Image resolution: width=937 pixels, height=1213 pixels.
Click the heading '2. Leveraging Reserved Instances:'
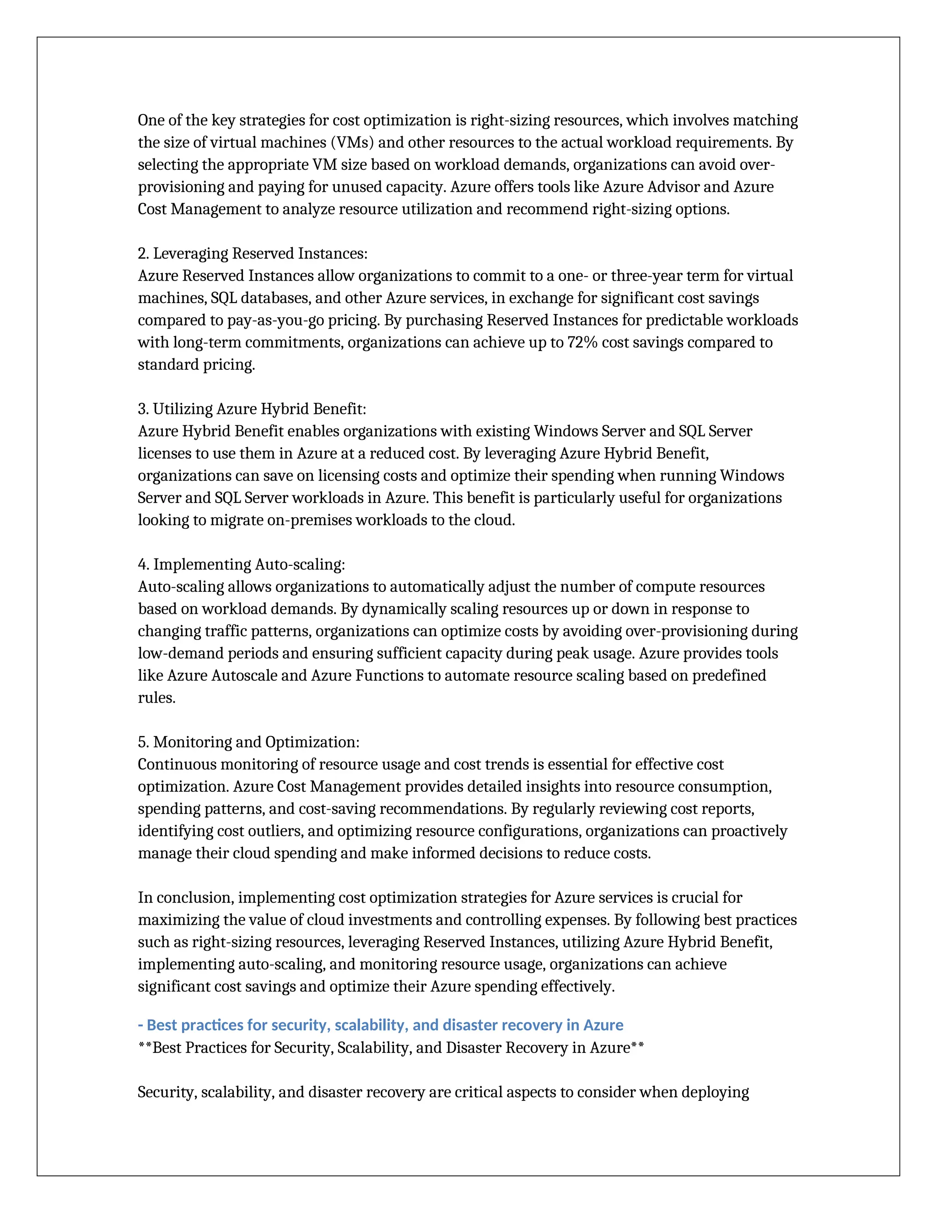(x=252, y=254)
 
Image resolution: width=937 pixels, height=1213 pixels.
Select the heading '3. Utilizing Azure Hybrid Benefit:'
(x=252, y=409)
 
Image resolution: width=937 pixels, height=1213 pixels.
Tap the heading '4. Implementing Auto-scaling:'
(x=241, y=565)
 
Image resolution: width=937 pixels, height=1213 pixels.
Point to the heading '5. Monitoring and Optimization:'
(x=248, y=742)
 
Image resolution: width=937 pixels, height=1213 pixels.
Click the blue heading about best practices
(x=380, y=1025)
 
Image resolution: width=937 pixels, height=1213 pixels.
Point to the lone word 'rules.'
(x=156, y=698)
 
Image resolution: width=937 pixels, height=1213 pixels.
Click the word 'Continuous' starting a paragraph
(x=177, y=765)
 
